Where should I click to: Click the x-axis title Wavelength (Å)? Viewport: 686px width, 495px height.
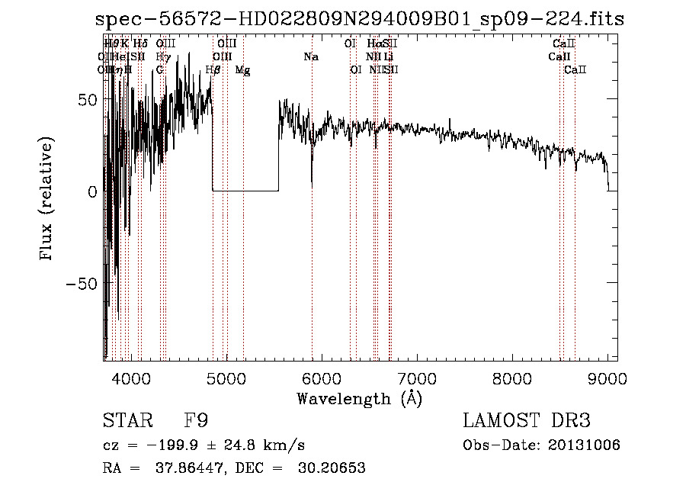[x=359, y=398]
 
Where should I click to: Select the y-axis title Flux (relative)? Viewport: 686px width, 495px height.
[x=47, y=200]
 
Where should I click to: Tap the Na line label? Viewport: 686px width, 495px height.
[x=310, y=56]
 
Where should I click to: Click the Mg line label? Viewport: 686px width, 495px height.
[x=242, y=70]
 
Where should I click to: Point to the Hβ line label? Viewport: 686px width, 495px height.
[x=213, y=70]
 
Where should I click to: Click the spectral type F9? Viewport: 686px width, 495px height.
[x=196, y=421]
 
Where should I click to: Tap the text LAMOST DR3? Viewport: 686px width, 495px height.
[x=527, y=421]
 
